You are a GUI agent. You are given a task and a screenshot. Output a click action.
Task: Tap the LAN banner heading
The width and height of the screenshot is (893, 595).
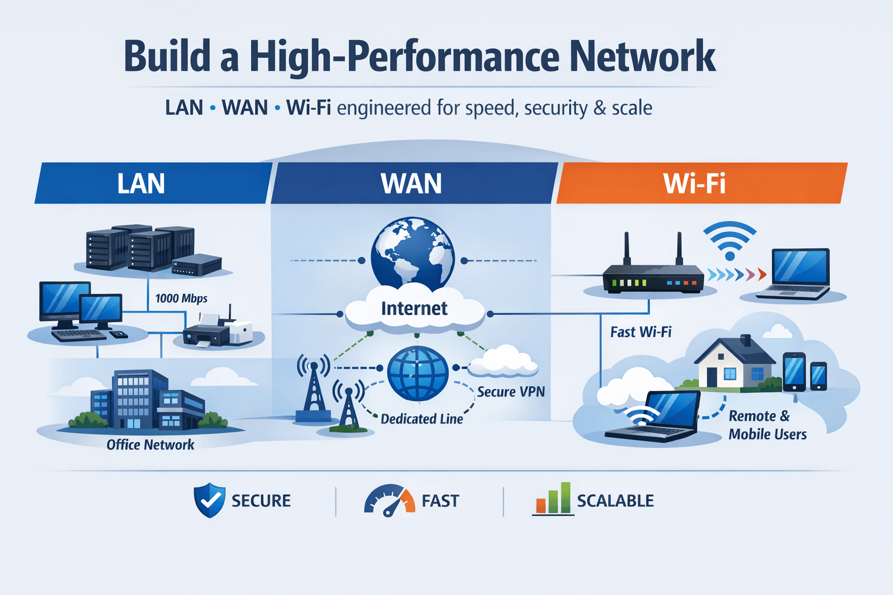pos(141,184)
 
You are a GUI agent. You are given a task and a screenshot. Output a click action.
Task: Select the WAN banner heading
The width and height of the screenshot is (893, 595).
pos(411,184)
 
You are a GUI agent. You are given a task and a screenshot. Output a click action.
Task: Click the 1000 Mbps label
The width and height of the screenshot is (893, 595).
pos(181,299)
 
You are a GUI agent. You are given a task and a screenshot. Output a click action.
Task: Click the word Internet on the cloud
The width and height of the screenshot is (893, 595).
pos(414,309)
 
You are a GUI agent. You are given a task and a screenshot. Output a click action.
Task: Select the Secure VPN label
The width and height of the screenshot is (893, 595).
pos(510,392)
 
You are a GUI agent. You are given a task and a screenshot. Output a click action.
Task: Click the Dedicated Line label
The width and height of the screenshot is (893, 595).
pos(422,419)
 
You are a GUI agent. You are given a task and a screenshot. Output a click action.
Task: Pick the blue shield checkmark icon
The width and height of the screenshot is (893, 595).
pos(209,500)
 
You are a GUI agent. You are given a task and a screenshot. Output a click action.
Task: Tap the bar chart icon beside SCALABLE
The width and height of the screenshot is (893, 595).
pos(552,499)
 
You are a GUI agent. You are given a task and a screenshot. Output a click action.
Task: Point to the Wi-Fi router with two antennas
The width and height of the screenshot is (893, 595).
pos(652,273)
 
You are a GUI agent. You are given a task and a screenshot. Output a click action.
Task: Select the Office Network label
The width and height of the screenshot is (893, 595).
pos(150,445)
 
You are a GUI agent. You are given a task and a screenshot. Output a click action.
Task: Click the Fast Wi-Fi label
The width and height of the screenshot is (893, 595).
pos(641,332)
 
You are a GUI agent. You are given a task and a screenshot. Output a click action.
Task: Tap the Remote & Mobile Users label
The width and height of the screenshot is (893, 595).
pos(767,425)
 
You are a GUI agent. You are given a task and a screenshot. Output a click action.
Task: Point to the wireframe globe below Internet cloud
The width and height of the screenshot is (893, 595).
pos(417,373)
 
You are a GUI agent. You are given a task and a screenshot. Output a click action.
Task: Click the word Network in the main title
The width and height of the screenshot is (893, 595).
pos(642,57)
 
